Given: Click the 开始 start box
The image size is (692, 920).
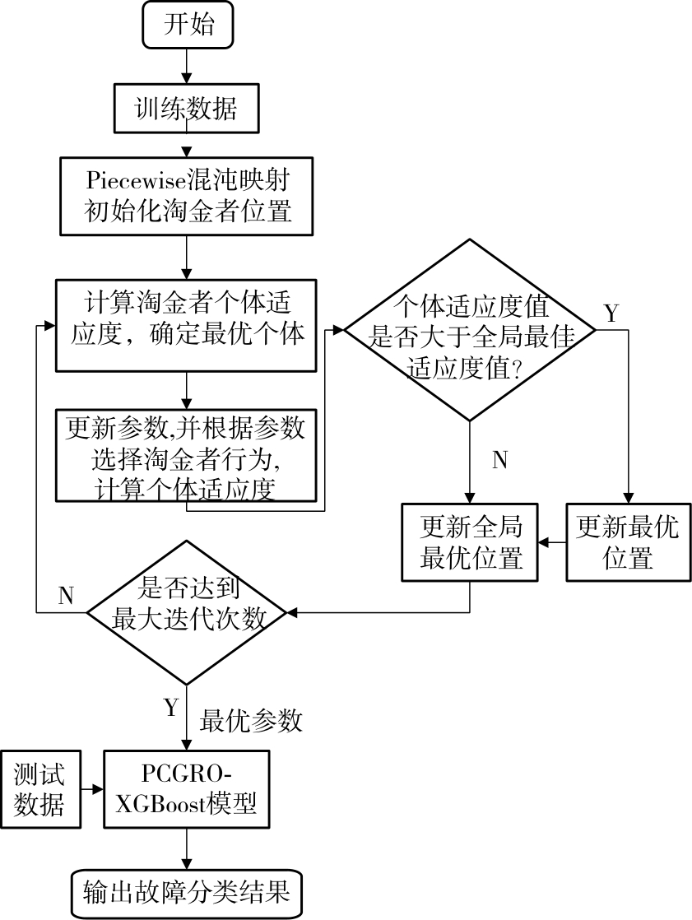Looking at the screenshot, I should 188,26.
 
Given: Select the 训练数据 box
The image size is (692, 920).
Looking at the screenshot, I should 187,108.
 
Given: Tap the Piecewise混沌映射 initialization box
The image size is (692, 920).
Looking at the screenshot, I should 188,195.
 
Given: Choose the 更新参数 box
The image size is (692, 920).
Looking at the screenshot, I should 186,455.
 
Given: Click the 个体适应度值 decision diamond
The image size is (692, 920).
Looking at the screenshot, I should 469,331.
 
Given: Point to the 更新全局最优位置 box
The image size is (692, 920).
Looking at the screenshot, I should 470,543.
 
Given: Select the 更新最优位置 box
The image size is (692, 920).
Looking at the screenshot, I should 628,543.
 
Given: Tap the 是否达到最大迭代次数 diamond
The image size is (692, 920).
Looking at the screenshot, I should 188,612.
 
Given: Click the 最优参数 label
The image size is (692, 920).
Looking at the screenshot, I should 251,721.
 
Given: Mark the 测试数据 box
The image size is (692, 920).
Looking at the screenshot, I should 39,789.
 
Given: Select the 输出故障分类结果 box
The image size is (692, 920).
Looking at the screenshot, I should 187,893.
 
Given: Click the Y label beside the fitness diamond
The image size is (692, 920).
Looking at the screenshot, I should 611,314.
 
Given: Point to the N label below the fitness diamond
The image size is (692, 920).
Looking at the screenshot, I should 499,460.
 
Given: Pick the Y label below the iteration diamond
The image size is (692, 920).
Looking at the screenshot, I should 171,708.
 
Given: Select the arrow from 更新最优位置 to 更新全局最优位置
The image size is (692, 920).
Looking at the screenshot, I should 551,543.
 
